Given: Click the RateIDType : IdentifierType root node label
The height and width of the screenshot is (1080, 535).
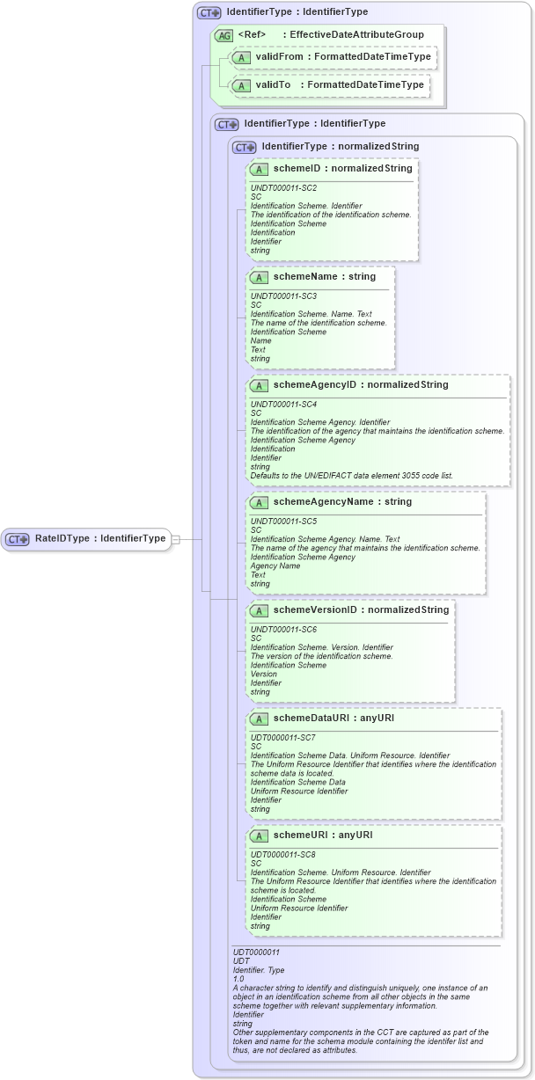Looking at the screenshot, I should click(100, 538).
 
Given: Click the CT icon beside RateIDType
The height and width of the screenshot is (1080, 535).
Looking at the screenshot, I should click(18, 539).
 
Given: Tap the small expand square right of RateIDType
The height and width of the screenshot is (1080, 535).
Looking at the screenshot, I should click(175, 539).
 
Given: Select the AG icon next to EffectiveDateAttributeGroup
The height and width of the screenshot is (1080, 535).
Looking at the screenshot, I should click(224, 35).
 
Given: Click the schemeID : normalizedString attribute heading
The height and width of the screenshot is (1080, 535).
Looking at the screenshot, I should click(342, 168).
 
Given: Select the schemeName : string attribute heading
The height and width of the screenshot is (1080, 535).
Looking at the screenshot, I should click(324, 276).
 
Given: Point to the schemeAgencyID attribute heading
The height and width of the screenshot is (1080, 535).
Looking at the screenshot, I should click(361, 384).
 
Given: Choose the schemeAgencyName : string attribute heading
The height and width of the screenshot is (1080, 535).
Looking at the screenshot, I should click(342, 501).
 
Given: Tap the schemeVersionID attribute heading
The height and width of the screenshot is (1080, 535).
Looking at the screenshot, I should click(361, 609).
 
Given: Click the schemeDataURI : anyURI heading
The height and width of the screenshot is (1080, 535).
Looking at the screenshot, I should click(333, 718).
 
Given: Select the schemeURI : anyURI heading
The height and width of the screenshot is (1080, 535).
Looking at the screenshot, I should click(323, 835).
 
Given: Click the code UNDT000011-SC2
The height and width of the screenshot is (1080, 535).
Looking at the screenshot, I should click(283, 187).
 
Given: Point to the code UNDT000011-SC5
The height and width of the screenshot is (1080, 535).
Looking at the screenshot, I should click(283, 521).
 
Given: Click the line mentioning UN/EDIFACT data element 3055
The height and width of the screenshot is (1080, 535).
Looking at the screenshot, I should click(352, 476).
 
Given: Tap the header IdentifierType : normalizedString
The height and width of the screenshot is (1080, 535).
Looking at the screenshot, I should click(340, 146).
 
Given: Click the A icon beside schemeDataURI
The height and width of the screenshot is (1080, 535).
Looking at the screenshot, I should click(260, 719).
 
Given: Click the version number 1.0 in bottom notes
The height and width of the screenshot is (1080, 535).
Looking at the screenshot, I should click(238, 979).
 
